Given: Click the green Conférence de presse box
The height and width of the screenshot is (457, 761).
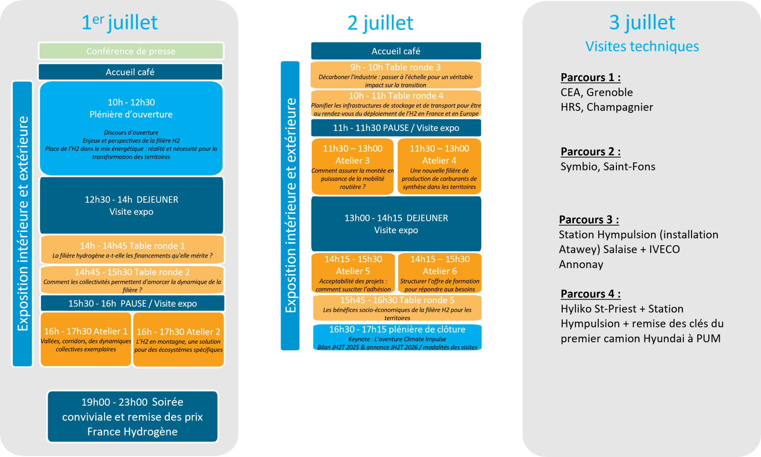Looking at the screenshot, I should click(x=131, y=51).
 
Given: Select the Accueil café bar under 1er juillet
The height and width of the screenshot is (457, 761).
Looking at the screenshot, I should click(x=130, y=72).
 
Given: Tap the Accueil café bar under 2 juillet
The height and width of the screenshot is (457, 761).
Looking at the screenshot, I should click(x=396, y=51).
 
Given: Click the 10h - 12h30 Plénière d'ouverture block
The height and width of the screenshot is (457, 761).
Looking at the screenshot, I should click(x=131, y=129).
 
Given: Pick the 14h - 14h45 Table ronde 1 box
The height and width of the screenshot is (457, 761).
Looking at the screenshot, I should click(x=132, y=249).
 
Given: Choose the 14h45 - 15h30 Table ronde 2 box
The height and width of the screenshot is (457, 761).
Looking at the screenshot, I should click(x=132, y=279).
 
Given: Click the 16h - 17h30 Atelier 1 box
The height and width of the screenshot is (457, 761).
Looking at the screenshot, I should click(x=86, y=339).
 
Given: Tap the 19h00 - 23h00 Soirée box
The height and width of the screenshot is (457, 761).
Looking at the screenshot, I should click(x=132, y=417).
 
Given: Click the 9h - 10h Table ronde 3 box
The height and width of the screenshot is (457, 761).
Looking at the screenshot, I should click(x=396, y=75).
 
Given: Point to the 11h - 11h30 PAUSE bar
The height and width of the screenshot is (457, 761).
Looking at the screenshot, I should click(x=396, y=128).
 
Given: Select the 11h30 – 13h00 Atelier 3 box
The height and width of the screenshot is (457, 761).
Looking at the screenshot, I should click(x=352, y=167).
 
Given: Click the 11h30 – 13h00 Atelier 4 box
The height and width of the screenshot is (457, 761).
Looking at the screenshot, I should click(x=439, y=167).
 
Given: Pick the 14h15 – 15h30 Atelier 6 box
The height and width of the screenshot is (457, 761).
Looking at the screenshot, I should click(x=440, y=273).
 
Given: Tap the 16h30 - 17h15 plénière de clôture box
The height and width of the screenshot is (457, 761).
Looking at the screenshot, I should click(x=397, y=338).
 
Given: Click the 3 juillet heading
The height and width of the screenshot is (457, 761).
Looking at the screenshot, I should click(x=642, y=22).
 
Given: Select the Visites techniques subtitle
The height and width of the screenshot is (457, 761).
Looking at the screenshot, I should click(x=642, y=46).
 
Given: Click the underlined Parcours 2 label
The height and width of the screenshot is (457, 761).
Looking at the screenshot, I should click(x=590, y=151).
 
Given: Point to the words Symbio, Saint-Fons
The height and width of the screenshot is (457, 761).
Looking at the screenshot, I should click(x=608, y=167).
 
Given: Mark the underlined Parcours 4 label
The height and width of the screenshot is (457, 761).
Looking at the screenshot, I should click(x=590, y=294).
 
